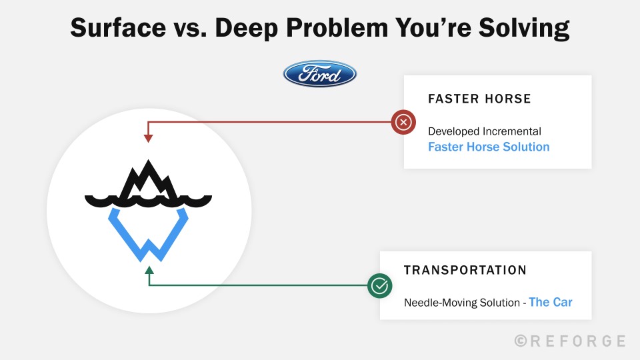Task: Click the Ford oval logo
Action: click(x=319, y=74)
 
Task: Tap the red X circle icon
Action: click(x=403, y=122)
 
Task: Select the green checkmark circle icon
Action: click(x=379, y=286)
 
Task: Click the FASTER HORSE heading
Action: click(x=479, y=99)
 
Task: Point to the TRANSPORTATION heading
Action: click(x=465, y=270)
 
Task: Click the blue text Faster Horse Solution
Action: click(x=489, y=147)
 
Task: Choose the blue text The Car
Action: click(x=551, y=302)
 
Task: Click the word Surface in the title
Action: click(x=118, y=28)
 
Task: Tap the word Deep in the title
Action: click(x=247, y=29)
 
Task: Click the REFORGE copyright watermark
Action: click(x=570, y=341)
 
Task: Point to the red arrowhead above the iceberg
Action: click(x=148, y=138)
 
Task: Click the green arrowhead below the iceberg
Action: click(x=149, y=270)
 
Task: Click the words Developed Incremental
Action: click(x=485, y=131)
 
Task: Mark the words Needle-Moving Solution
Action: click(x=461, y=303)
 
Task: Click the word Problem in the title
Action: click(x=337, y=28)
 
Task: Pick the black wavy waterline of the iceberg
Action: click(x=148, y=201)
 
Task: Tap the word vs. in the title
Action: click(x=190, y=29)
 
